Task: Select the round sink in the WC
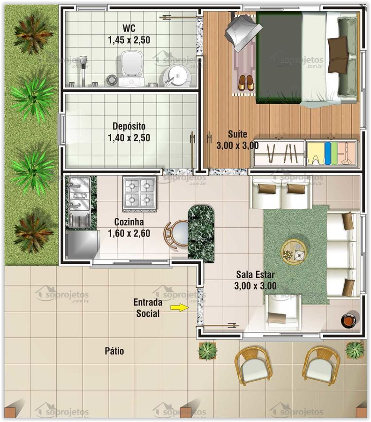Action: point(177,75)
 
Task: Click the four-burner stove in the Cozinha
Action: point(139,193)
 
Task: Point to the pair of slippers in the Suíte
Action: point(245,83)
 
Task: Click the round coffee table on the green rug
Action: point(294,252)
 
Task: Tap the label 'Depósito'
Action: point(129,126)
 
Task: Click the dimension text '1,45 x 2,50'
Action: point(129,40)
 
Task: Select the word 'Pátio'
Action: point(114,351)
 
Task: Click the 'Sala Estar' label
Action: point(255,275)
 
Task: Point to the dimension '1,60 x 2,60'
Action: point(129,233)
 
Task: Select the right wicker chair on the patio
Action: point(321,364)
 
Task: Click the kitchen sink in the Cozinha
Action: point(79,199)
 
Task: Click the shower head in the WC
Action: point(83,61)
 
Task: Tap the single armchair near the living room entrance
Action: point(282,312)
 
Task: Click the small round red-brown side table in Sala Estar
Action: point(348,320)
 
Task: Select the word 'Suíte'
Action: point(237,134)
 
